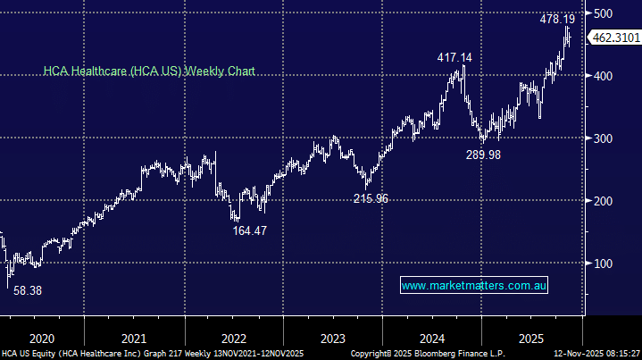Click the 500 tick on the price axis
(x=605, y=13)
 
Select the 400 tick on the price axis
(x=605, y=76)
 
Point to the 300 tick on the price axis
(x=605, y=138)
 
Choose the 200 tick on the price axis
(x=605, y=201)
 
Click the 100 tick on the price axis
(x=605, y=264)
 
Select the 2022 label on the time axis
(x=233, y=339)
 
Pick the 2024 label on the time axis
(x=432, y=339)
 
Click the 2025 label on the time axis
(x=531, y=339)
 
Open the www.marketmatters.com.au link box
(x=473, y=286)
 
